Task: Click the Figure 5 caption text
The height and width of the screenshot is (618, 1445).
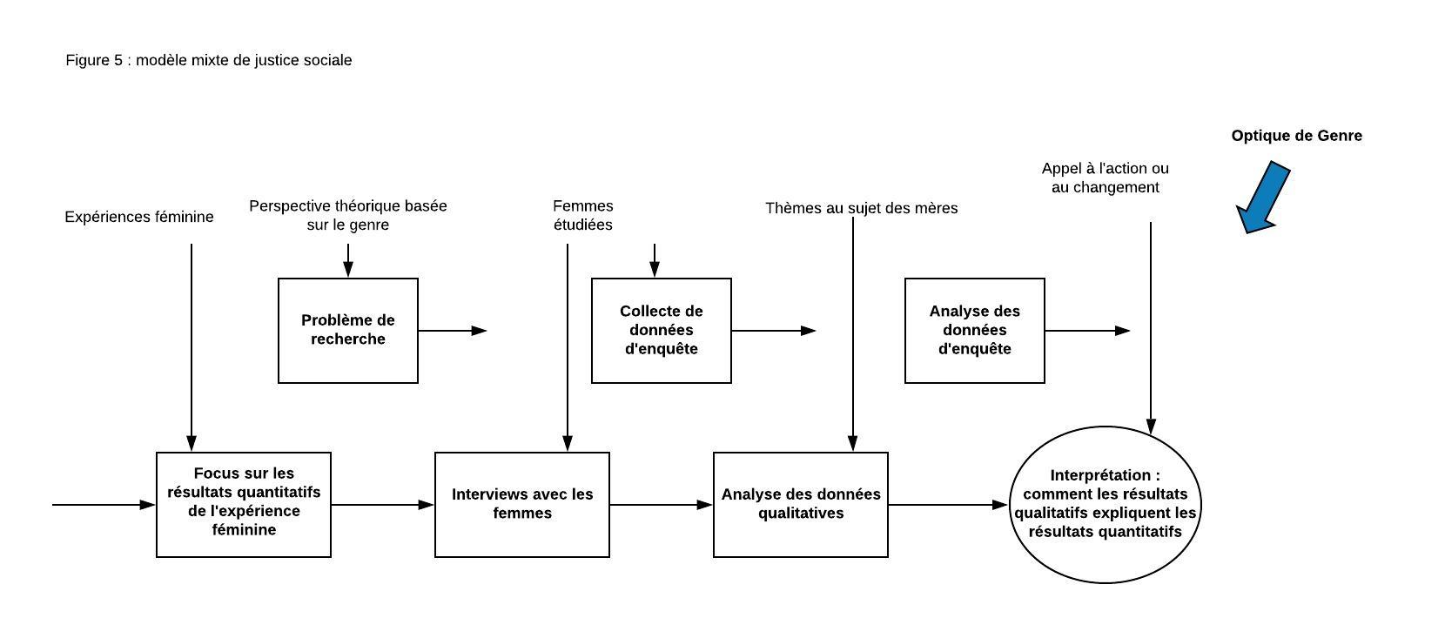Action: [209, 60]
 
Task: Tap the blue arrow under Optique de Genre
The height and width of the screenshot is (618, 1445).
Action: [1264, 198]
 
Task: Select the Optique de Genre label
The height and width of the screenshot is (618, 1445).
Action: [1296, 136]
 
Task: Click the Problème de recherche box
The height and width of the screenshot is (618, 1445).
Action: [348, 331]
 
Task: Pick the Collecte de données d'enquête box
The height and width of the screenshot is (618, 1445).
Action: [662, 331]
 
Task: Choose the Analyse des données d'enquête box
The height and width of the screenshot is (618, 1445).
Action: [975, 331]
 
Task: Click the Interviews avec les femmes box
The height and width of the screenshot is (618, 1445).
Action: [522, 505]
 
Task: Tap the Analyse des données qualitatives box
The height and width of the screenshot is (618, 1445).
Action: [801, 505]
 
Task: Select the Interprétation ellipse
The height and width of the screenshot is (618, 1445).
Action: [1106, 505]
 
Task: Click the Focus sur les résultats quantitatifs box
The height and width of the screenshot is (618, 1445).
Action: [244, 505]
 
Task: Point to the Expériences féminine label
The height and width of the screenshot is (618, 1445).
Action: [139, 217]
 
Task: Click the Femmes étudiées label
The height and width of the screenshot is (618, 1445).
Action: [583, 216]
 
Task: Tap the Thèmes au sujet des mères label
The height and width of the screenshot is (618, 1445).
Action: [861, 208]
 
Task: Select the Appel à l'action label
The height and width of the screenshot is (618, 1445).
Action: [1105, 178]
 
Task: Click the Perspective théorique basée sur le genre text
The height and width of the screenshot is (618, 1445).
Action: [348, 216]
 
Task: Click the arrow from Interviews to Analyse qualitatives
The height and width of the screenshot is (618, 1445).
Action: [662, 505]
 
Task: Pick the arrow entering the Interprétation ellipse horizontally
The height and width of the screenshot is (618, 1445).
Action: [949, 505]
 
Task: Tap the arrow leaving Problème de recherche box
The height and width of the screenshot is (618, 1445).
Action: [453, 331]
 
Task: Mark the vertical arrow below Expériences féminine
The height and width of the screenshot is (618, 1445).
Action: [192, 348]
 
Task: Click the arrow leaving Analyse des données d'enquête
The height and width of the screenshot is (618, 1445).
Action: [1088, 331]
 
